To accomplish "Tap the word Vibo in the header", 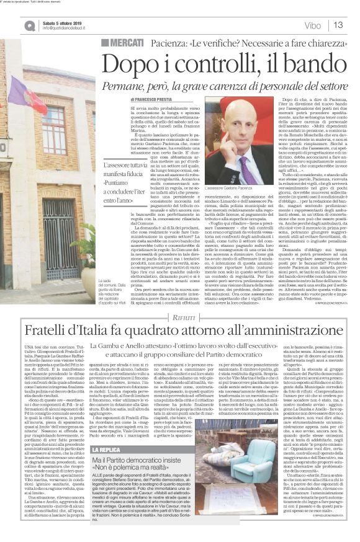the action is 313,25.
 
